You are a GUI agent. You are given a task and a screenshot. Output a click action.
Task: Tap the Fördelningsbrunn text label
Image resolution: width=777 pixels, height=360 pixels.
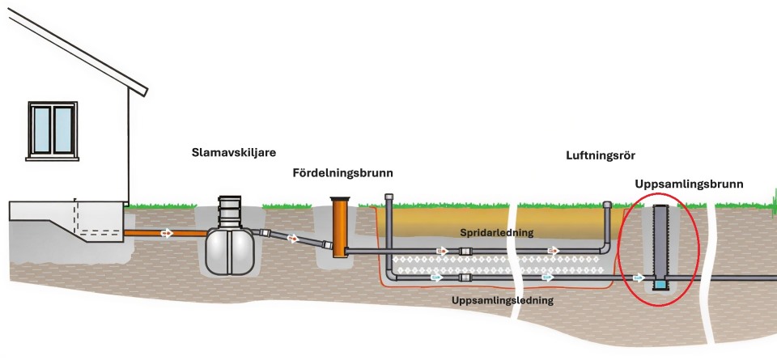coord(338,173)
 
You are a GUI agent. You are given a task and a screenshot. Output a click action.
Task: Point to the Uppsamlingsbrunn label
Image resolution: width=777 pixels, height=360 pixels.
coord(700,184)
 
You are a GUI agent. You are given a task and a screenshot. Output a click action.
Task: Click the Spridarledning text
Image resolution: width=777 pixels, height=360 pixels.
coord(496,232)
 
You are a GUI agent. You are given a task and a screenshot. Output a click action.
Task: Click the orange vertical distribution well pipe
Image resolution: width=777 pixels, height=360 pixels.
coord(339,227)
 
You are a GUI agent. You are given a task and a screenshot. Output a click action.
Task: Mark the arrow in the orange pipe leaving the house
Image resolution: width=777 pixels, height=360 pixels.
coord(166,233)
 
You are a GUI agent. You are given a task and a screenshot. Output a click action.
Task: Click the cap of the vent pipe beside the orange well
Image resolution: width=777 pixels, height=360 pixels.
coord(390,198)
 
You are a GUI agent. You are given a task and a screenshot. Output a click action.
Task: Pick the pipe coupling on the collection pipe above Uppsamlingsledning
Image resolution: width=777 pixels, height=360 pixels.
coord(465,277)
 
